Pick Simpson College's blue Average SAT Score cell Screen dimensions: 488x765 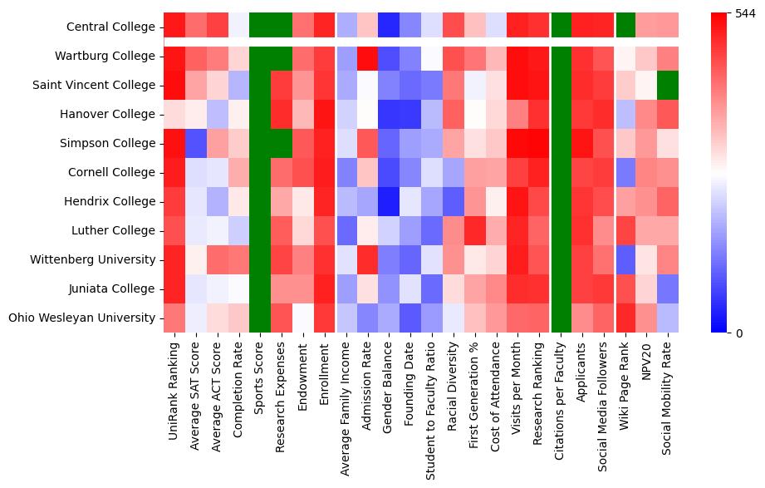(196, 144)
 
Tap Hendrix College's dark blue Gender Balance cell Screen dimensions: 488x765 (390, 202)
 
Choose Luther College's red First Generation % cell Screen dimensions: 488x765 (477, 231)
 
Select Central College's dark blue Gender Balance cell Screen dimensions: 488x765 (390, 26)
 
